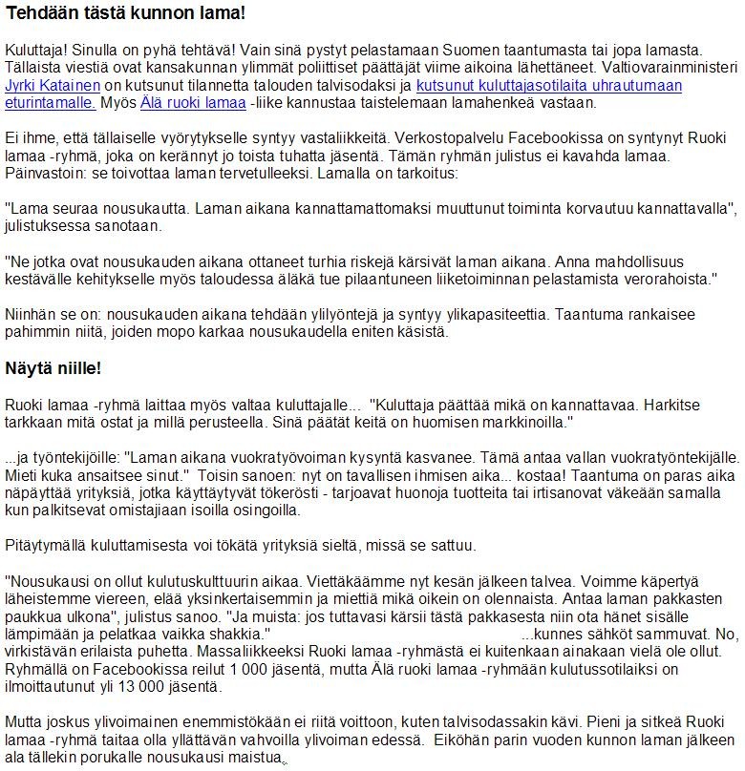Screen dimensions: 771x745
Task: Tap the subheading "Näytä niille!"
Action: [53, 367]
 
